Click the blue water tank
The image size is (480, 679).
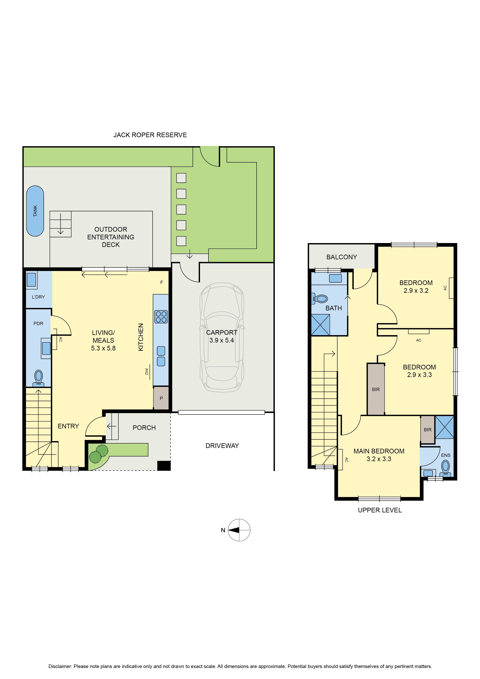point(35,211)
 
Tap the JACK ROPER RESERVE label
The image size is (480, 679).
point(150,135)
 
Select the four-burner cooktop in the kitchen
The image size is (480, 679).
point(161,317)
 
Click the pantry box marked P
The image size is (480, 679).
point(161,398)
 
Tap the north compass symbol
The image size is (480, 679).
point(239,530)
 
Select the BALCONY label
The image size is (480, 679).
point(342,257)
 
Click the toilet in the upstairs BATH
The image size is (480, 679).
point(320,299)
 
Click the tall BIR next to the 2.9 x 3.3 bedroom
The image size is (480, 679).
point(376,389)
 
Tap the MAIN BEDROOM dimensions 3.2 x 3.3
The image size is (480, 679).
point(379,459)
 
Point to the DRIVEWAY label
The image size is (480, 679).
point(222,446)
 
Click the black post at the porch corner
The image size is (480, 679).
point(164,466)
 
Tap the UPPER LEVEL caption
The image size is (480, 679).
point(380,510)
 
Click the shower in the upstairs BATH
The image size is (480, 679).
point(321,325)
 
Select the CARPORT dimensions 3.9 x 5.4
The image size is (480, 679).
point(222,340)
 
